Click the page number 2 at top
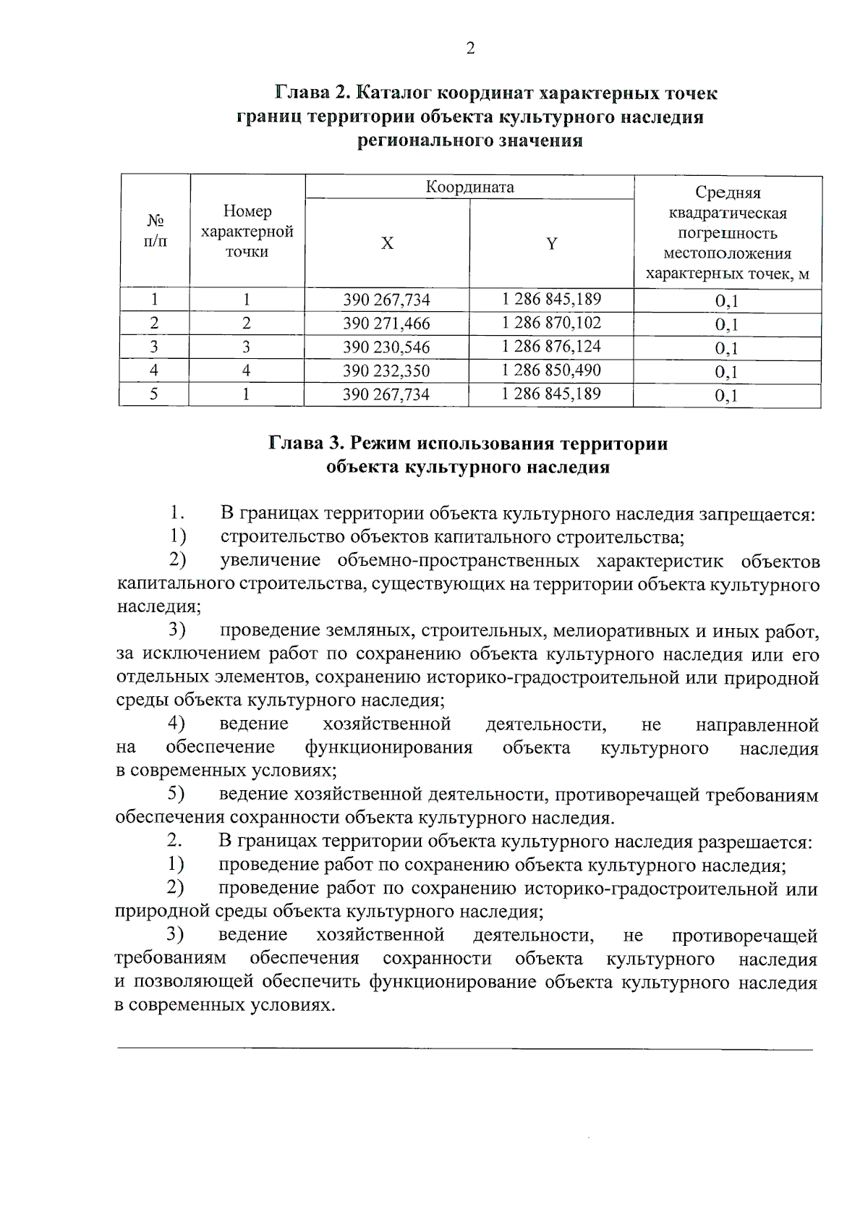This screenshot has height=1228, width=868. [x=470, y=48]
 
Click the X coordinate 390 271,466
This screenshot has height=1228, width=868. [x=386, y=323]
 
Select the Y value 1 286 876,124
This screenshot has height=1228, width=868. [x=551, y=347]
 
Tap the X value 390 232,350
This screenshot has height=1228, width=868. [x=386, y=371]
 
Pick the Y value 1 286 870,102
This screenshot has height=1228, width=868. [x=551, y=323]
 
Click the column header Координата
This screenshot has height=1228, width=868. [x=469, y=187]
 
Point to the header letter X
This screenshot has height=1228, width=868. [x=387, y=243]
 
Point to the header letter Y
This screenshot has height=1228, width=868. [x=551, y=243]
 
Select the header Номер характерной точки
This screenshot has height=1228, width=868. [x=247, y=232]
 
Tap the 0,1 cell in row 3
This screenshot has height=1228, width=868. [x=726, y=348]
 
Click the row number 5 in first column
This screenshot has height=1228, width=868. [x=154, y=394]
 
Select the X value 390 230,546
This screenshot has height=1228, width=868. [x=386, y=347]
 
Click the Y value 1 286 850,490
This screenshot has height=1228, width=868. [x=551, y=370]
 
